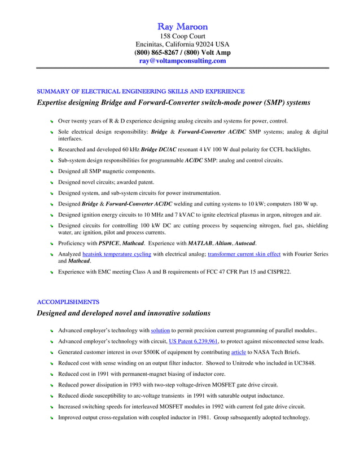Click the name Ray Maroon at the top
click(182, 27)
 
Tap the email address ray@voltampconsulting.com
click(182, 61)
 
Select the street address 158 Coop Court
click(182, 36)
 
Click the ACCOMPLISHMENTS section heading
click(68, 302)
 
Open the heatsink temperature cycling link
click(116, 254)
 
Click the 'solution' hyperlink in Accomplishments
click(160, 331)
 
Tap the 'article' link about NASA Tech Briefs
click(239, 352)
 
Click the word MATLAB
click(199, 243)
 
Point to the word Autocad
click(244, 243)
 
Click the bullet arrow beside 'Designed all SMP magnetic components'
click(51, 172)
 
